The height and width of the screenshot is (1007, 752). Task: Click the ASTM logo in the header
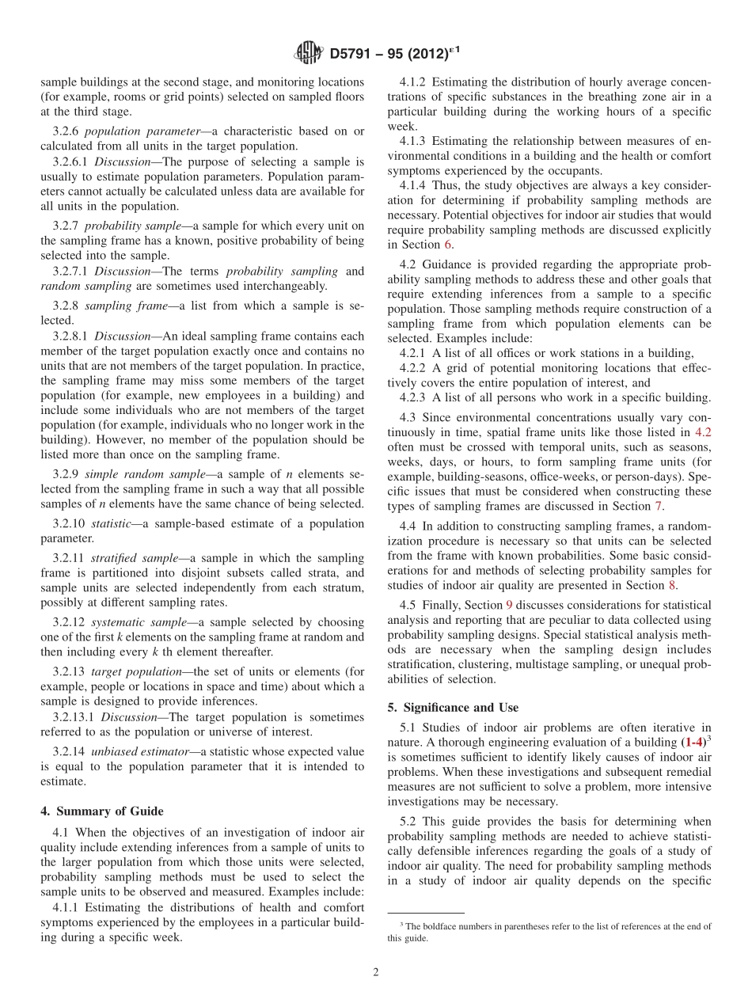[308, 53]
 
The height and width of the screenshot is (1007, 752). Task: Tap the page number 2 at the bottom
[376, 972]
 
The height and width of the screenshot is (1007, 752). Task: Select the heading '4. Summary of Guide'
[102, 811]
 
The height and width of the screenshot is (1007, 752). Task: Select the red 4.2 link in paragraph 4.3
[703, 432]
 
